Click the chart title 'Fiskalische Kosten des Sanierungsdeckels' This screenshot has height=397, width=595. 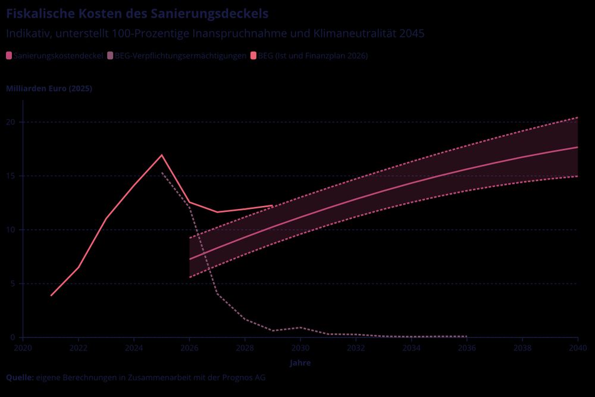(x=137, y=13)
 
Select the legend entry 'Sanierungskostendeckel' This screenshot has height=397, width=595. (x=54, y=56)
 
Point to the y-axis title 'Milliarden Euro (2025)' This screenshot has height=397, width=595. (x=49, y=89)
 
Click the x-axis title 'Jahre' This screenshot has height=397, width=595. (x=300, y=362)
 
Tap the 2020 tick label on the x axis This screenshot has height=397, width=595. (x=23, y=347)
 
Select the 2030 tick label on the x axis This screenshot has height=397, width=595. (x=300, y=347)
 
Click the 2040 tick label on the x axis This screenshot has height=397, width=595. (x=578, y=347)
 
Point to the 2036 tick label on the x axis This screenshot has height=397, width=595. (x=467, y=347)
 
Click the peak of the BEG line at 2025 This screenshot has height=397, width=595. (x=162, y=155)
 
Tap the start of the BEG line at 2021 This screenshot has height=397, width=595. (x=51, y=295)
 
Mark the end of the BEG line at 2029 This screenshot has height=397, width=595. (x=272, y=205)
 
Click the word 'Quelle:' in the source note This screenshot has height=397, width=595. (x=20, y=377)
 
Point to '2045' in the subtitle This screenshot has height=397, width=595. (x=412, y=33)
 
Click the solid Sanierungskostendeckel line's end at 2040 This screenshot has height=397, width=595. (x=577, y=147)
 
